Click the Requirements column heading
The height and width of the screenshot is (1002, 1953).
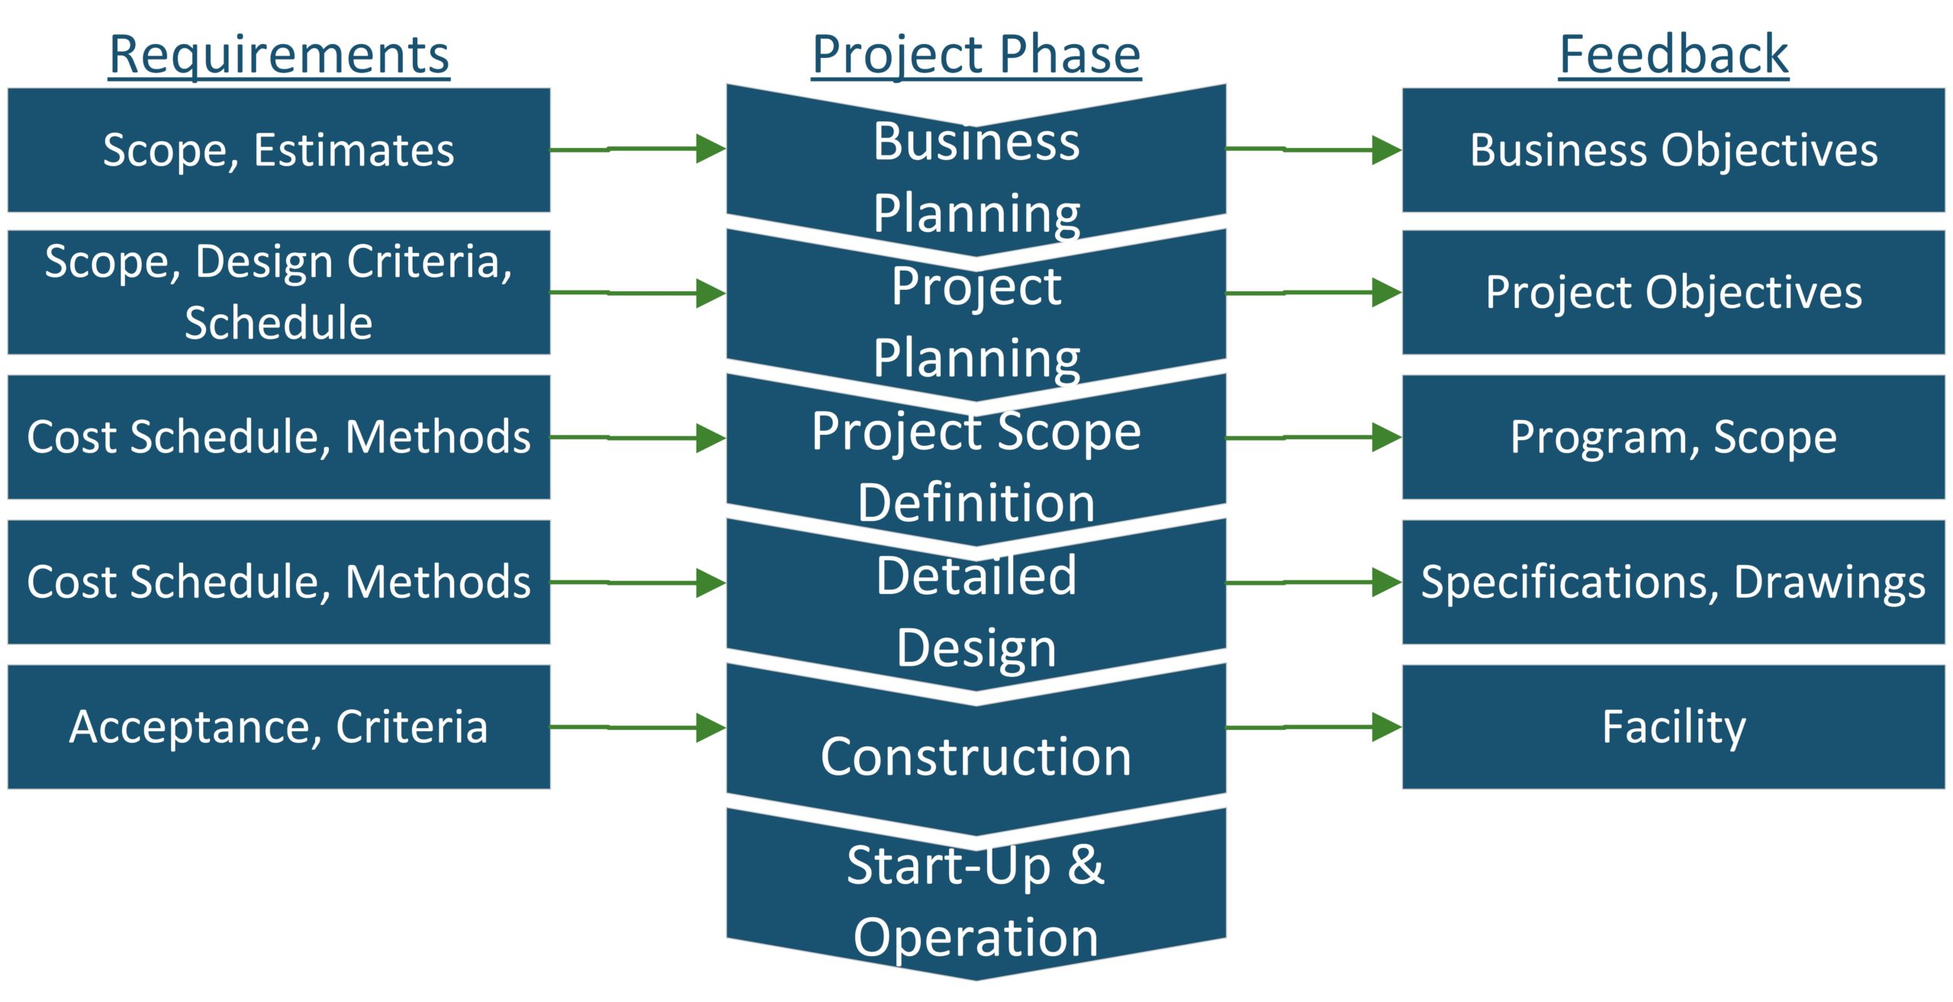[x=279, y=56]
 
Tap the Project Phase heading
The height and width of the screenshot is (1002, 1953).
[x=976, y=56]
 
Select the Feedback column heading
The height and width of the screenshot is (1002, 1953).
[x=1674, y=56]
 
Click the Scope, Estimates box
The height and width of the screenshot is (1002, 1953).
[x=279, y=149]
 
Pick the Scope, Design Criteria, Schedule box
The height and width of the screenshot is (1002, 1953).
[x=279, y=292]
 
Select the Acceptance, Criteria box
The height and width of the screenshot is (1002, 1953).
[x=279, y=727]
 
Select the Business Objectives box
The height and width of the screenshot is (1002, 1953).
[x=1674, y=149]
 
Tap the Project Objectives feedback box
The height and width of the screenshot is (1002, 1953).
[x=1674, y=292]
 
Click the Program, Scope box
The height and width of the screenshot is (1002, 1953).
[x=1674, y=437]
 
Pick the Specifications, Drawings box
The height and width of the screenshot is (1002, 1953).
[x=1674, y=582]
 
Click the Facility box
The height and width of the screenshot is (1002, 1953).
[x=1674, y=727]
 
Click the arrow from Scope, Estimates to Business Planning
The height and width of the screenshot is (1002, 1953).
[x=639, y=149]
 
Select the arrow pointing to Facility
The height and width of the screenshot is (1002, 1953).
[x=1314, y=727]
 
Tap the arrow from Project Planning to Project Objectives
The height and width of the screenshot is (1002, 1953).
[x=1314, y=292]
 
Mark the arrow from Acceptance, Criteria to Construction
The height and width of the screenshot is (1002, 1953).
[x=639, y=727]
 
